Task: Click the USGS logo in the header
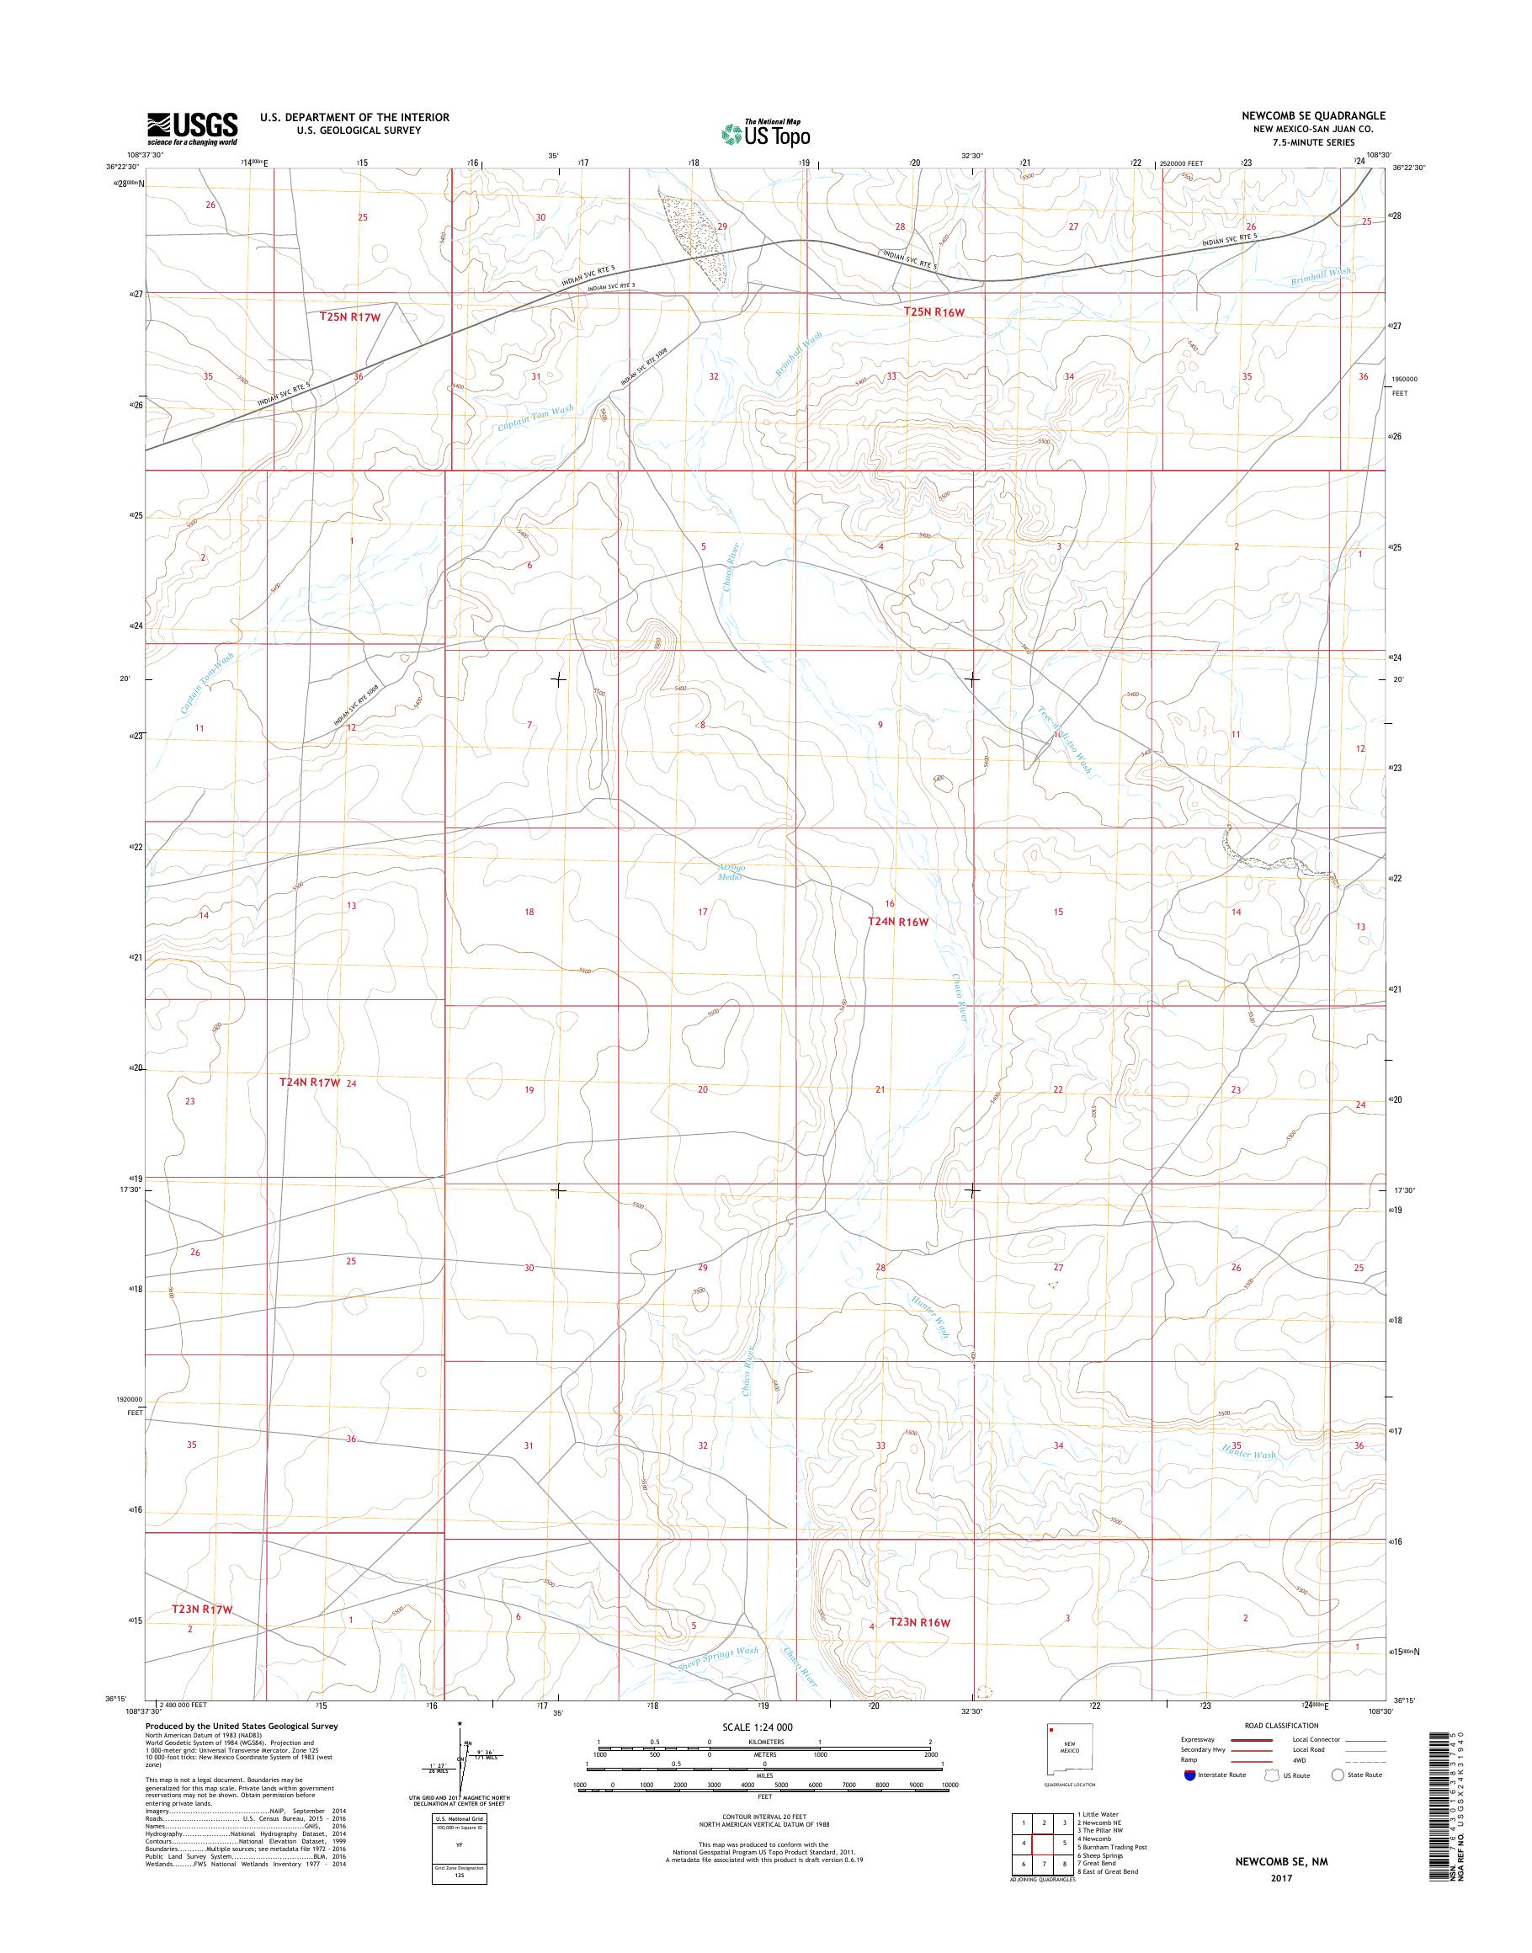coord(193,128)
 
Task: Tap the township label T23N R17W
coord(202,1610)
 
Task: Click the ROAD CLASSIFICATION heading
coord(1281,1725)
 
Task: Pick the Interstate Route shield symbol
coord(1189,1775)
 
